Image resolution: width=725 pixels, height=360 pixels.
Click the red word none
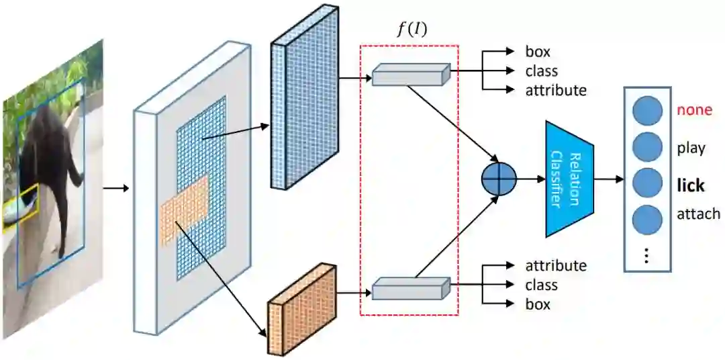pos(694,110)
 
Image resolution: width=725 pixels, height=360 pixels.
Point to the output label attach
pos(698,214)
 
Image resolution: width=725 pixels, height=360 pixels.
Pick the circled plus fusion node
pos(499,179)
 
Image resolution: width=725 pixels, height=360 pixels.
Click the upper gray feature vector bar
pos(410,75)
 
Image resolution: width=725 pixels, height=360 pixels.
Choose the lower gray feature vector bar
pos(410,289)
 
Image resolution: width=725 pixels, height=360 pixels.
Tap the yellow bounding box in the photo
pos(21,208)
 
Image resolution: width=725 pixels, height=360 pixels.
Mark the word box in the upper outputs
pos(538,51)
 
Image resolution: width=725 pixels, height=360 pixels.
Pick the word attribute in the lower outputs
pos(555,265)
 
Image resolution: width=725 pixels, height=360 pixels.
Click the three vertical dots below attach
pos(647,256)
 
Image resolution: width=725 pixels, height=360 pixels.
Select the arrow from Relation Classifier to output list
pos(608,179)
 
